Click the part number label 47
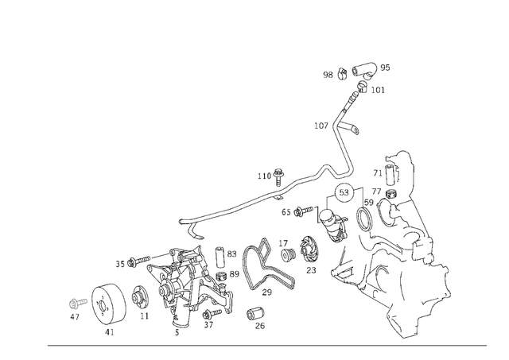[x=74, y=316]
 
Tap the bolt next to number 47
[x=77, y=302]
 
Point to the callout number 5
[x=177, y=332]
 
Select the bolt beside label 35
[x=141, y=260]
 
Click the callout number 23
[x=311, y=271]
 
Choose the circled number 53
[x=344, y=193]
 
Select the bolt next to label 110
[x=279, y=173]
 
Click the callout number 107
[x=321, y=126]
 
